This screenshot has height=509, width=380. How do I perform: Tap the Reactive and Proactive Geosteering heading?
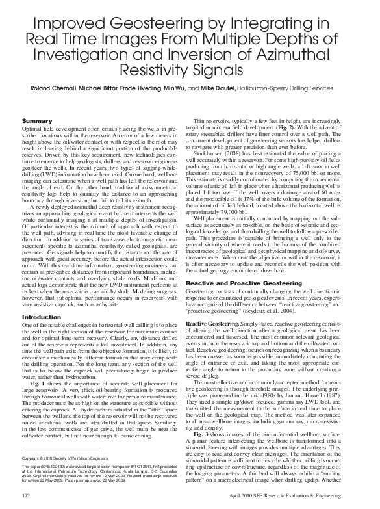(247, 283)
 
